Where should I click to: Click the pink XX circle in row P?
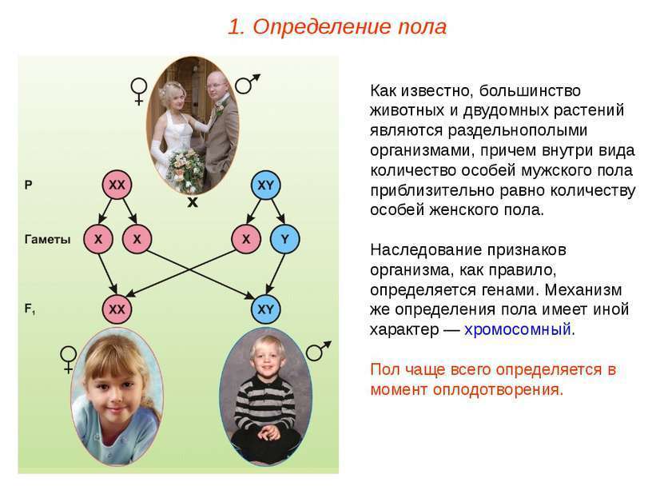(117, 185)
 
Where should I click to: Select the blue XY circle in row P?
(265, 185)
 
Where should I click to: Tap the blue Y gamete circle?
(284, 239)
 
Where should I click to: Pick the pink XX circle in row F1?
(117, 309)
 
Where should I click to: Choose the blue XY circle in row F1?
(265, 309)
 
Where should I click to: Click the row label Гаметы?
(47, 240)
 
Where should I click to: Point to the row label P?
(29, 185)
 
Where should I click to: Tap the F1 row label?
(30, 309)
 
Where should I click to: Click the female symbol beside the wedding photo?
(139, 91)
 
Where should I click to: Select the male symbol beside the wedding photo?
(248, 84)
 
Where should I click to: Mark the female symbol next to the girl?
(68, 360)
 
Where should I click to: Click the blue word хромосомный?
(518, 329)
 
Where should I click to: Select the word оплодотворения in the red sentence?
(497, 389)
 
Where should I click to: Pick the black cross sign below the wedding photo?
(193, 203)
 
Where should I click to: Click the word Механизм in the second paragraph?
(583, 290)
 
